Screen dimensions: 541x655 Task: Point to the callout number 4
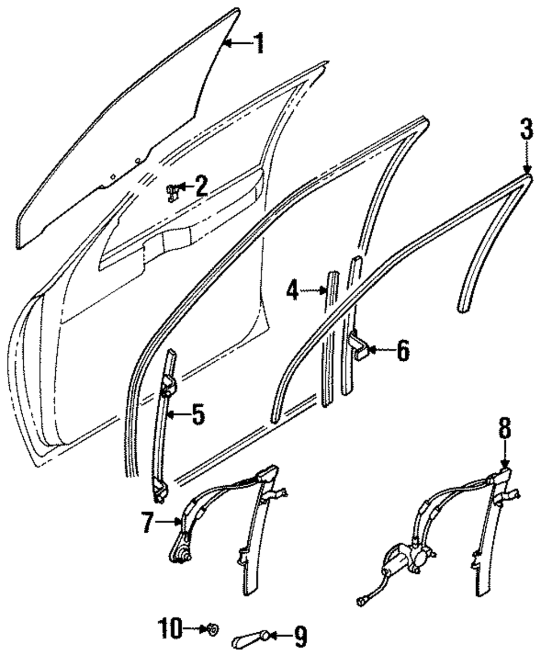(293, 292)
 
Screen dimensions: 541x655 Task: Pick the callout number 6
(403, 351)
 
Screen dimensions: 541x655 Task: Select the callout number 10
(169, 629)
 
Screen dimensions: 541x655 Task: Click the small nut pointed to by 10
(213, 629)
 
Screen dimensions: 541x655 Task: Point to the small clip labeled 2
(171, 190)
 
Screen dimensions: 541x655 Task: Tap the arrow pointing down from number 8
(504, 457)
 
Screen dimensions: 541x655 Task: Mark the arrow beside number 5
(176, 415)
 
